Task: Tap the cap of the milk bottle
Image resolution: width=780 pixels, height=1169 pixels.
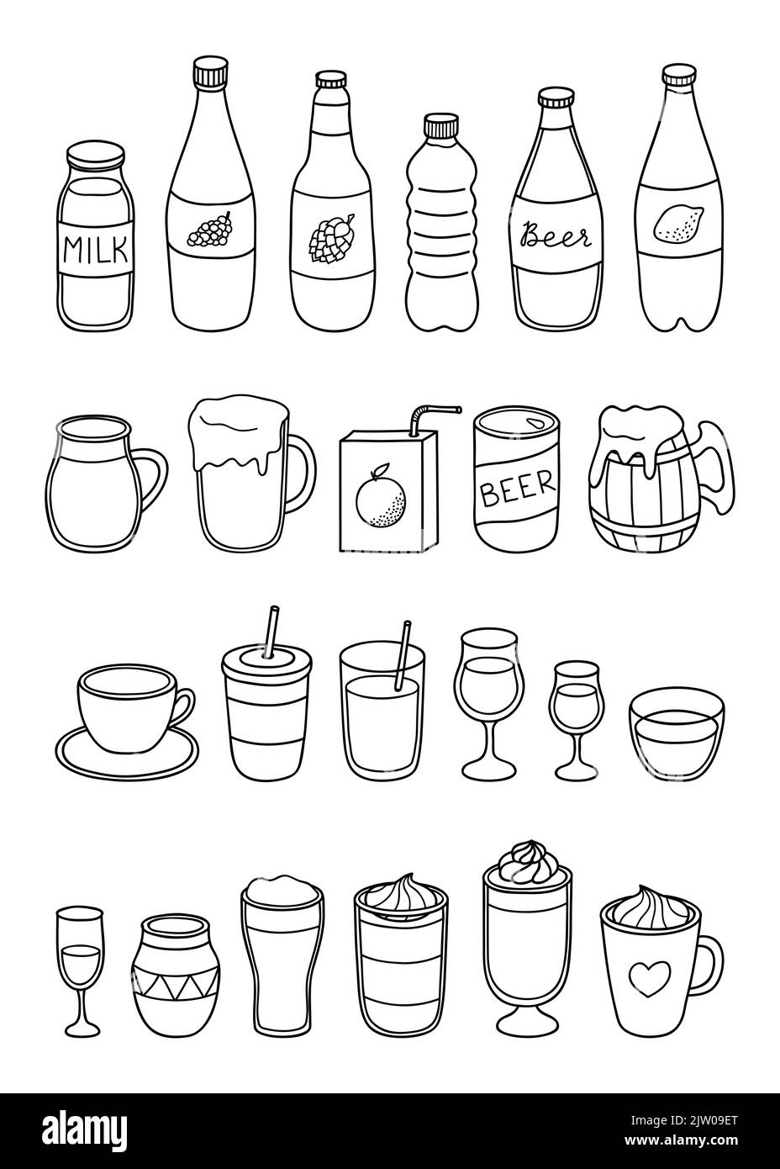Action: tap(95, 157)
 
